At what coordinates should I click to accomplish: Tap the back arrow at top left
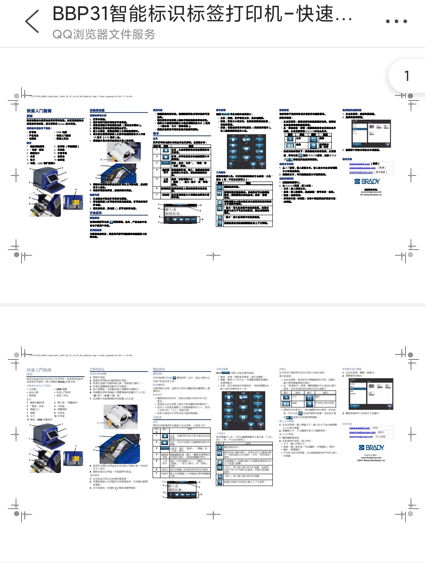pyautogui.click(x=32, y=21)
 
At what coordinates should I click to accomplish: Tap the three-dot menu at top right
pyautogui.click(x=396, y=21)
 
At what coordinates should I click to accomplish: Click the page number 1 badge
pyautogui.click(x=406, y=76)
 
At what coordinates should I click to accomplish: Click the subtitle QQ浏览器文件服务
pyautogui.click(x=104, y=34)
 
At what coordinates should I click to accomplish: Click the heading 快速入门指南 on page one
pyautogui.click(x=39, y=111)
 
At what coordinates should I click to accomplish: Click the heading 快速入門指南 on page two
pyautogui.click(x=39, y=370)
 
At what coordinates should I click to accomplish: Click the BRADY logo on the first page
pyautogui.click(x=367, y=182)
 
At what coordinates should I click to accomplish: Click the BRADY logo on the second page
pyautogui.click(x=371, y=447)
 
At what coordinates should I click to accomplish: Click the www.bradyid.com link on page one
pyautogui.click(x=359, y=163)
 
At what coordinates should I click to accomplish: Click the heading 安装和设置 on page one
pyautogui.click(x=97, y=111)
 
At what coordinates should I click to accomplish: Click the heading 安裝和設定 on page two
pyautogui.click(x=97, y=370)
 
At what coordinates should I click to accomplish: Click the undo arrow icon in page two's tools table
pyautogui.click(x=220, y=454)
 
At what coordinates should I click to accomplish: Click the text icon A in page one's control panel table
pyautogui.click(x=289, y=139)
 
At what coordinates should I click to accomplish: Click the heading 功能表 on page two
pyautogui.click(x=157, y=417)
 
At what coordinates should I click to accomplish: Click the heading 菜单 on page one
pyautogui.click(x=156, y=134)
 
